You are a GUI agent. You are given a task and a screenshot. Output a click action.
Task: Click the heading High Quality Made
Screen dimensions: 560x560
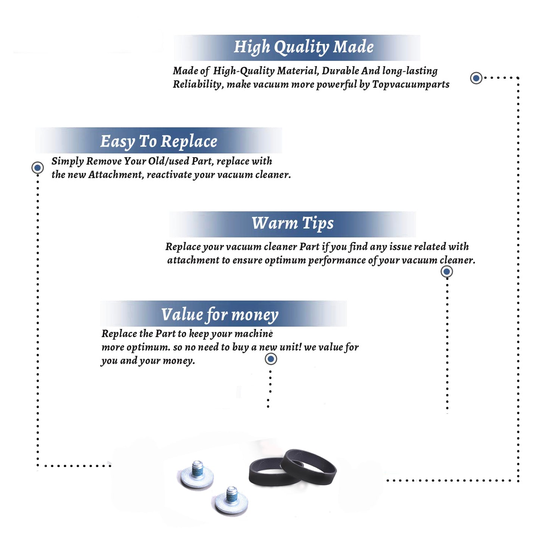pyautogui.click(x=304, y=47)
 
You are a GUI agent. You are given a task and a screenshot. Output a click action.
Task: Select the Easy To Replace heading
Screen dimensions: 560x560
pyautogui.click(x=159, y=141)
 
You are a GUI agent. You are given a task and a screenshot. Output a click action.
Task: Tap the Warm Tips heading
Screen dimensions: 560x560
pyautogui.click(x=292, y=223)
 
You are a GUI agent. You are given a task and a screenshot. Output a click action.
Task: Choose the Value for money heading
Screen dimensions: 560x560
pyautogui.click(x=220, y=315)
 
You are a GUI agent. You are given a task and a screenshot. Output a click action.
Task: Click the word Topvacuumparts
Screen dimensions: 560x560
pyautogui.click(x=411, y=85)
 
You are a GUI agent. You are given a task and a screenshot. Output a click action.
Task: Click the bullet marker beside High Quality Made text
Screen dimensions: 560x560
pyautogui.click(x=476, y=78)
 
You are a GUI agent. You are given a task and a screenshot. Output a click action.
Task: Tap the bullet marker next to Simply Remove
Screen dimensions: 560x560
pyautogui.click(x=37, y=168)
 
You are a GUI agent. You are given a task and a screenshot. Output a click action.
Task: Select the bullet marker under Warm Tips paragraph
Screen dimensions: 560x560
pyautogui.click(x=447, y=271)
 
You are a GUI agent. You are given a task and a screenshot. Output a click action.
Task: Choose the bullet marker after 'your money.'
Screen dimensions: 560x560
pyautogui.click(x=271, y=359)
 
